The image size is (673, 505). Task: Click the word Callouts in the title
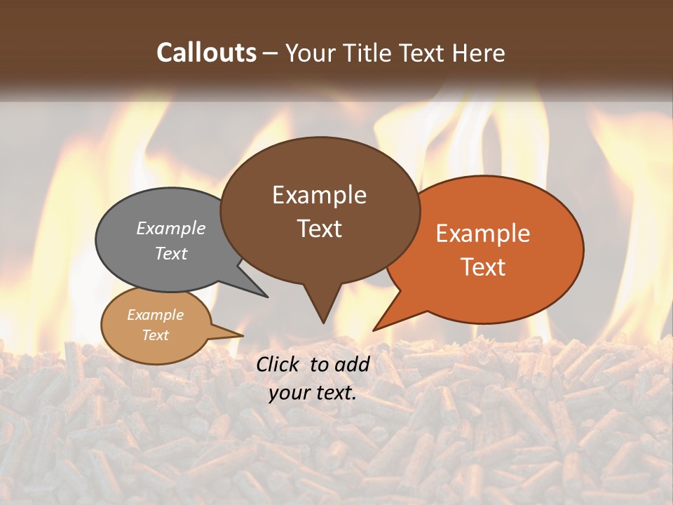coord(207,53)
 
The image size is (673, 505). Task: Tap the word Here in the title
coord(477,53)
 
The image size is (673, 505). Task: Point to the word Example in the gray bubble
coord(171,229)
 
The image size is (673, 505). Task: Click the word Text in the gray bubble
coord(171,254)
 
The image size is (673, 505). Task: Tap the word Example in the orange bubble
coord(483,234)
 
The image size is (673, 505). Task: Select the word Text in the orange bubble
coord(483,267)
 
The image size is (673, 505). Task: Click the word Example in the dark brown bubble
coord(319,195)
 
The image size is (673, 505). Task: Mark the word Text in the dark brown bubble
coord(319,229)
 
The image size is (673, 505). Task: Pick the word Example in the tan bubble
coord(155,315)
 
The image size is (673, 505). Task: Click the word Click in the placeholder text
coord(279,364)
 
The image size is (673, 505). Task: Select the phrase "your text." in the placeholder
coord(313,393)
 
